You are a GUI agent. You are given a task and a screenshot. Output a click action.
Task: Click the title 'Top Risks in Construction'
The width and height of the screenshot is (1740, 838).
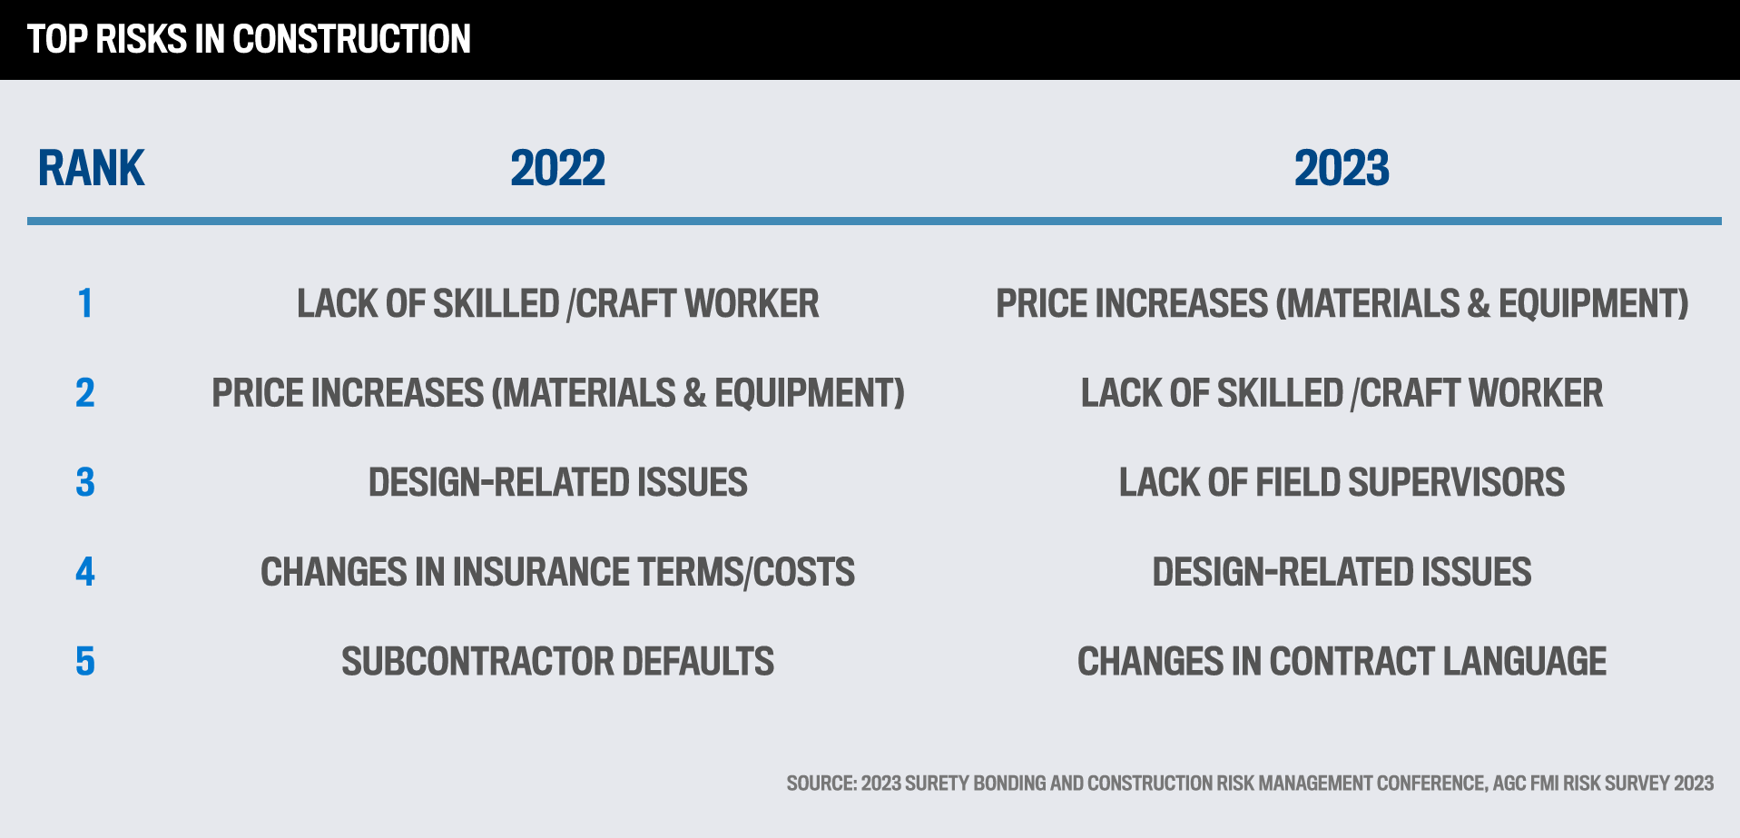(x=249, y=39)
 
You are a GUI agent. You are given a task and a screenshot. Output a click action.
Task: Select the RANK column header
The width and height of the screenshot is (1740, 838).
(x=91, y=168)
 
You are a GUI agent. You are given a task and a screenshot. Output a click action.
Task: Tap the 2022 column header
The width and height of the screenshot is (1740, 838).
(x=557, y=168)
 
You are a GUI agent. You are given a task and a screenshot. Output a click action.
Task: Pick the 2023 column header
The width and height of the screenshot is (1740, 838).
(x=1342, y=168)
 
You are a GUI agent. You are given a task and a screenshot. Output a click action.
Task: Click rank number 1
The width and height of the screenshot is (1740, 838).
(x=85, y=303)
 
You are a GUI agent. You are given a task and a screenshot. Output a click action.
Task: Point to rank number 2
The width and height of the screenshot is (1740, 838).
(x=85, y=393)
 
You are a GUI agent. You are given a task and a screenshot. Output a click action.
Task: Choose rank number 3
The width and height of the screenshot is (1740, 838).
(x=85, y=482)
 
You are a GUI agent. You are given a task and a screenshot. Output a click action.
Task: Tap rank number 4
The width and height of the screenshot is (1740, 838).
(x=85, y=572)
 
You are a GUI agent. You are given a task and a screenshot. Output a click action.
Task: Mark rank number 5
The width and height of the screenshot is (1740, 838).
(x=85, y=661)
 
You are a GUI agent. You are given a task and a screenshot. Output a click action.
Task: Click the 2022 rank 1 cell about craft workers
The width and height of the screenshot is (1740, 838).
(x=557, y=304)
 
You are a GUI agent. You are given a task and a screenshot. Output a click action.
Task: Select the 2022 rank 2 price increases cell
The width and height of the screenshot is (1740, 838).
(x=558, y=393)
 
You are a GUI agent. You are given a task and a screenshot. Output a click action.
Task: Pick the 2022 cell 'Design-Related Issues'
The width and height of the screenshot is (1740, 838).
(x=557, y=482)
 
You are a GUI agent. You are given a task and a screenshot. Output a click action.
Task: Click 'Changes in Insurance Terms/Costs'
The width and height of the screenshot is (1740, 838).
(x=557, y=572)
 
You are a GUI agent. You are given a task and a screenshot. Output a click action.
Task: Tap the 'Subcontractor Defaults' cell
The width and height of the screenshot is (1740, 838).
(x=557, y=661)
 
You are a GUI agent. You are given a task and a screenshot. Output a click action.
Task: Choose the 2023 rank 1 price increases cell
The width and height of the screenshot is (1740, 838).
(x=1342, y=304)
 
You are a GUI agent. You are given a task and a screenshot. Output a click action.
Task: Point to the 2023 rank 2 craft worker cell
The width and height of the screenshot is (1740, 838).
(x=1342, y=393)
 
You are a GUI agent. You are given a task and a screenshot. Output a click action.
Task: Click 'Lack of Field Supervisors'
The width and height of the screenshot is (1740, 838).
(x=1342, y=482)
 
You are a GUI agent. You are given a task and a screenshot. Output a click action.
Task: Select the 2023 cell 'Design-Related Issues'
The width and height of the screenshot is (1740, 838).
(x=1342, y=572)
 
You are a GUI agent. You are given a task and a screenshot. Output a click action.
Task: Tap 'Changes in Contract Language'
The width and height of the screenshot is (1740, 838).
(x=1342, y=661)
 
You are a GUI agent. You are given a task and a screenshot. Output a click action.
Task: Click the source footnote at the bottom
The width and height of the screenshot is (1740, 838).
(x=1250, y=783)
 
